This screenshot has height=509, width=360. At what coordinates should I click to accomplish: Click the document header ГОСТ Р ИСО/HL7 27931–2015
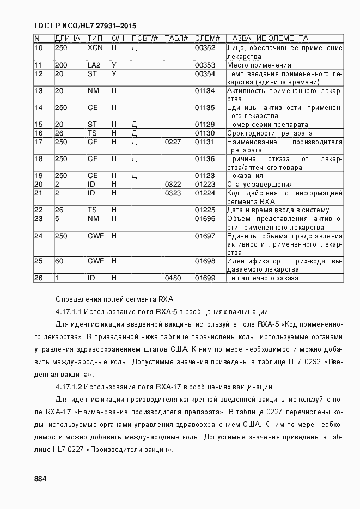pos(85,26)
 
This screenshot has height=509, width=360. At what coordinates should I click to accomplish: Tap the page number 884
pos(40,479)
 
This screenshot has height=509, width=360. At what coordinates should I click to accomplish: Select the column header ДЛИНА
pos(68,39)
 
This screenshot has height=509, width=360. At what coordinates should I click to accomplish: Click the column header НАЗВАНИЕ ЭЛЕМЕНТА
pos(267,39)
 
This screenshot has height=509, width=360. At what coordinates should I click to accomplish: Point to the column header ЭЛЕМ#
pos(207,39)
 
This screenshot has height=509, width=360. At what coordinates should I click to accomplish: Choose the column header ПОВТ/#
pos(145,39)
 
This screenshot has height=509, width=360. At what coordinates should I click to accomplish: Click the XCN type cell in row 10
pos(95,48)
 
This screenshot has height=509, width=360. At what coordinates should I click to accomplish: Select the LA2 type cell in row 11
pos(94,65)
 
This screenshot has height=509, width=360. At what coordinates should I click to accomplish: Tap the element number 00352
pos(205,48)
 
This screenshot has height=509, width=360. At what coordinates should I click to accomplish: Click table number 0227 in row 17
pos(173,142)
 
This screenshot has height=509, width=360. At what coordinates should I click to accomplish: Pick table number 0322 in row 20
pos(173,185)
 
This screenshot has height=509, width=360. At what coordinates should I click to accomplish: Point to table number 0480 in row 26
pos(173,278)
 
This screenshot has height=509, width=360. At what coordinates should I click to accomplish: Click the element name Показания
pos(245,176)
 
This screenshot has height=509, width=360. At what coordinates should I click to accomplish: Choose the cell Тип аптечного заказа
pos(263,278)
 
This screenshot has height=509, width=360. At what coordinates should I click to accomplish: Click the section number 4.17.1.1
pos(69,312)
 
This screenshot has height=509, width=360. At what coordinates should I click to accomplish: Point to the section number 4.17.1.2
pos(69,387)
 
